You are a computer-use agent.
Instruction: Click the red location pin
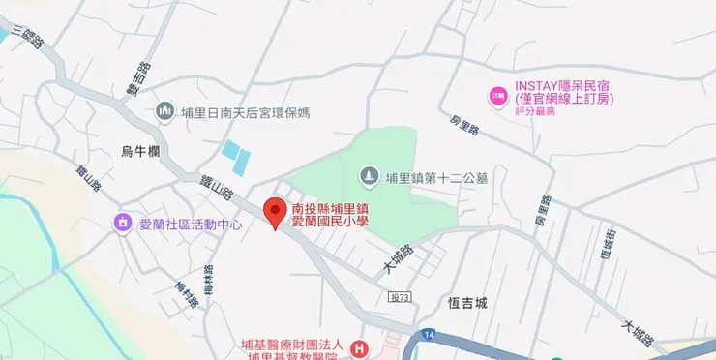pos(276,212)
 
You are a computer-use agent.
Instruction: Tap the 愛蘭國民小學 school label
pos(331,215)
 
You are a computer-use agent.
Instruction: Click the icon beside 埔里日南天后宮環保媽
pos(164,112)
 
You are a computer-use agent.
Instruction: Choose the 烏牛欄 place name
pos(140,150)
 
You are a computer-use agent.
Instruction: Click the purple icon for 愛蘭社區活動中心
pos(123,224)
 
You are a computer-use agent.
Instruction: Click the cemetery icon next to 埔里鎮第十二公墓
pos(369,176)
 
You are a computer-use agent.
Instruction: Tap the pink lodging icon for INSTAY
pos(497,95)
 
